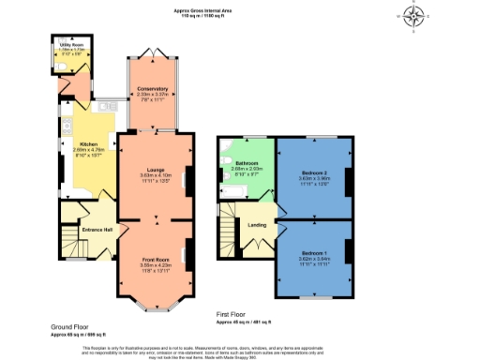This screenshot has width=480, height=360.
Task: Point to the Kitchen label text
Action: coord(76,143)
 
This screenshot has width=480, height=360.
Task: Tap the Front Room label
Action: coord(156,259)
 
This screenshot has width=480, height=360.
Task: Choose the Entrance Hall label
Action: coord(97,230)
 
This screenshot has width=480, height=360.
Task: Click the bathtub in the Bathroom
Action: coord(228,194)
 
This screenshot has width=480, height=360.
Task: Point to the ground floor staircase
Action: coord(71,231)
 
